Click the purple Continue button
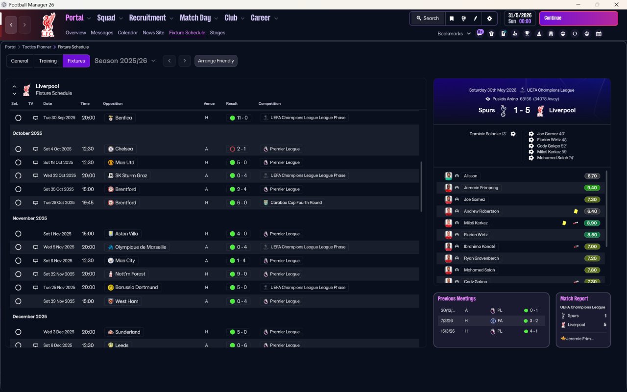point(578,18)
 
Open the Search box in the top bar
point(427,18)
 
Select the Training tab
point(48,61)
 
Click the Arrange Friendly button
point(216,61)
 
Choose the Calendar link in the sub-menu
point(128,33)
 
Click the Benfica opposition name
point(123,118)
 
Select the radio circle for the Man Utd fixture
point(18,162)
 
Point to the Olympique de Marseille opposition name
point(141,247)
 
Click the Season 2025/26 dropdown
point(125,61)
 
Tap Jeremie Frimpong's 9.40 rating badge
point(592,188)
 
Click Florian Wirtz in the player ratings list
point(476,235)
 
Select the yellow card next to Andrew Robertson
point(576,211)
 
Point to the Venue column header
point(209,104)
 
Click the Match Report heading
point(574,298)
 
